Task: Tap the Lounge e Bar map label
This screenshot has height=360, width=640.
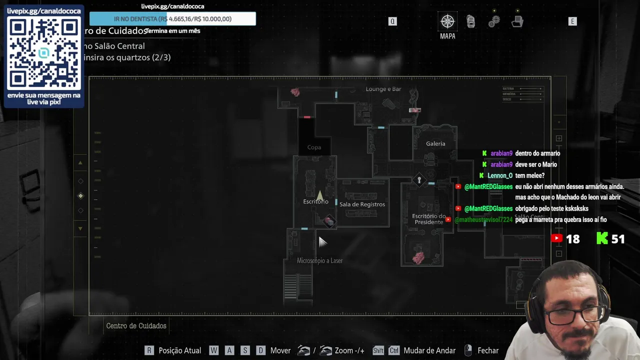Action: tap(383, 89)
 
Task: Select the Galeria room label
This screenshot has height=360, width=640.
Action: tap(435, 143)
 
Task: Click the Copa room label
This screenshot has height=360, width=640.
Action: tap(314, 147)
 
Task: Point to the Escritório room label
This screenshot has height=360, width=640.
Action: tap(315, 201)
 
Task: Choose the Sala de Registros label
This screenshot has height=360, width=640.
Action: tap(362, 204)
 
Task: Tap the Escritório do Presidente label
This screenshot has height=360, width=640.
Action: tap(428, 219)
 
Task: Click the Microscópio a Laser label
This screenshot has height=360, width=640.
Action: tap(319, 260)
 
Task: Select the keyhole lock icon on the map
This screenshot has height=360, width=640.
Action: tap(419, 180)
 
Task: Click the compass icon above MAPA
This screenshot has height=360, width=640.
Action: tap(447, 21)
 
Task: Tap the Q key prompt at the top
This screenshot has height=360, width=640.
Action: tap(392, 21)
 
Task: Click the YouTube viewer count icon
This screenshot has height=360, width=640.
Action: tap(556, 238)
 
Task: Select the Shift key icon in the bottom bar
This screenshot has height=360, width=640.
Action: tap(378, 350)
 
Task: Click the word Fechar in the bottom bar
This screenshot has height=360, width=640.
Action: tap(488, 350)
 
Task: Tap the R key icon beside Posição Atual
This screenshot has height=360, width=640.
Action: tap(149, 350)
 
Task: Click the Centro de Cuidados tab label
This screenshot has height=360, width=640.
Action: tap(136, 326)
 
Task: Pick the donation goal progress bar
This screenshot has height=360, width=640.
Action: tap(172, 19)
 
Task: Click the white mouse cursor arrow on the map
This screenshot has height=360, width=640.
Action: tap(321, 241)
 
